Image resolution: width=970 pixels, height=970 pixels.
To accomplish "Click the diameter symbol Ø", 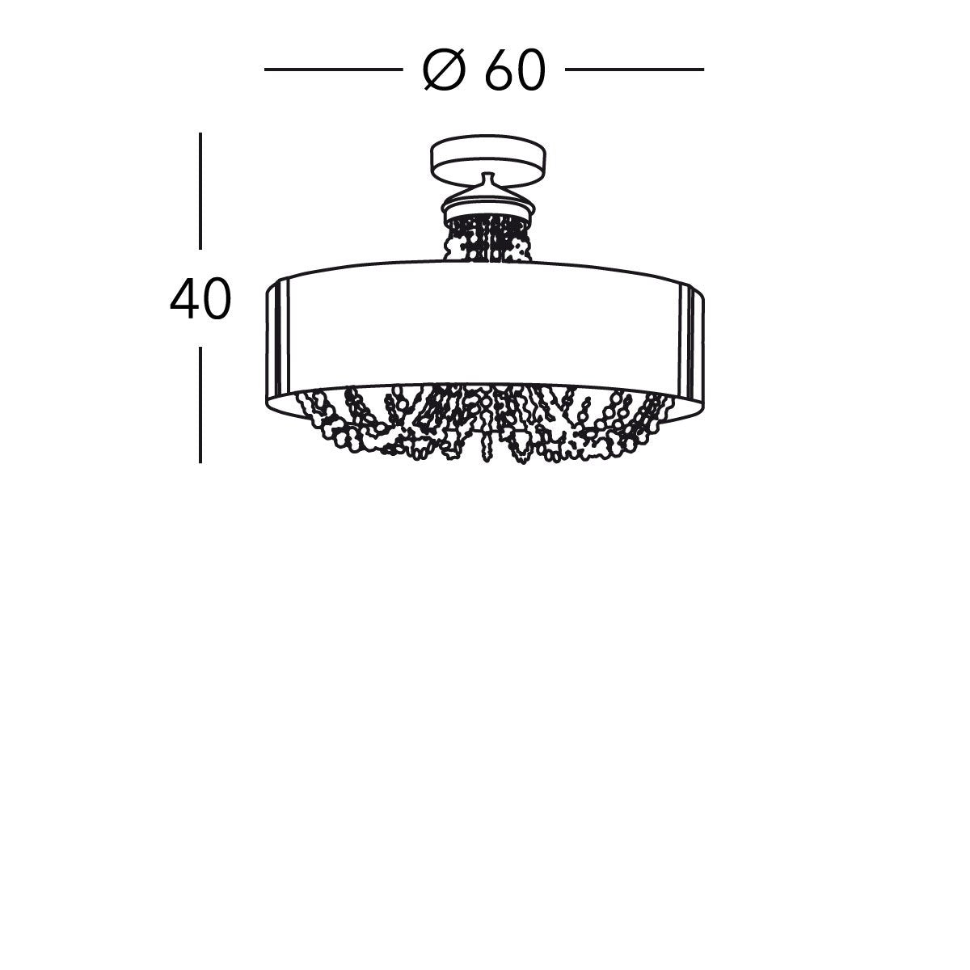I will pos(443,71).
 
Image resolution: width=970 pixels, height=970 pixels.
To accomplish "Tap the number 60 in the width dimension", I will pos(516,71).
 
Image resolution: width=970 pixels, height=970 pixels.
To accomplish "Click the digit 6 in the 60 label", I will pos(499,71).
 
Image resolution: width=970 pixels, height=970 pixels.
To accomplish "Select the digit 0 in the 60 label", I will pos(531,71).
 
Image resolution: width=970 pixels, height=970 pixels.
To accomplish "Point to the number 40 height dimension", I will pos(200,300).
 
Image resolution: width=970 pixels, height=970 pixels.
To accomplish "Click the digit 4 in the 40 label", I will pos(185,300).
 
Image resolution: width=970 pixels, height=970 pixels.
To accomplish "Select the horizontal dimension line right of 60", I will pos(635,70).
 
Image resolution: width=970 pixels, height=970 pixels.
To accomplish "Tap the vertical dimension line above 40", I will pos(200,190).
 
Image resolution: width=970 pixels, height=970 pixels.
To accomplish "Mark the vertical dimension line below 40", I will pos(200,404).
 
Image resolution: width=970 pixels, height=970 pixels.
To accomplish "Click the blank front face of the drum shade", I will pos(485,323).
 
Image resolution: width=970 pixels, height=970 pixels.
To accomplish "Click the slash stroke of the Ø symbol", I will pos(444,71).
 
